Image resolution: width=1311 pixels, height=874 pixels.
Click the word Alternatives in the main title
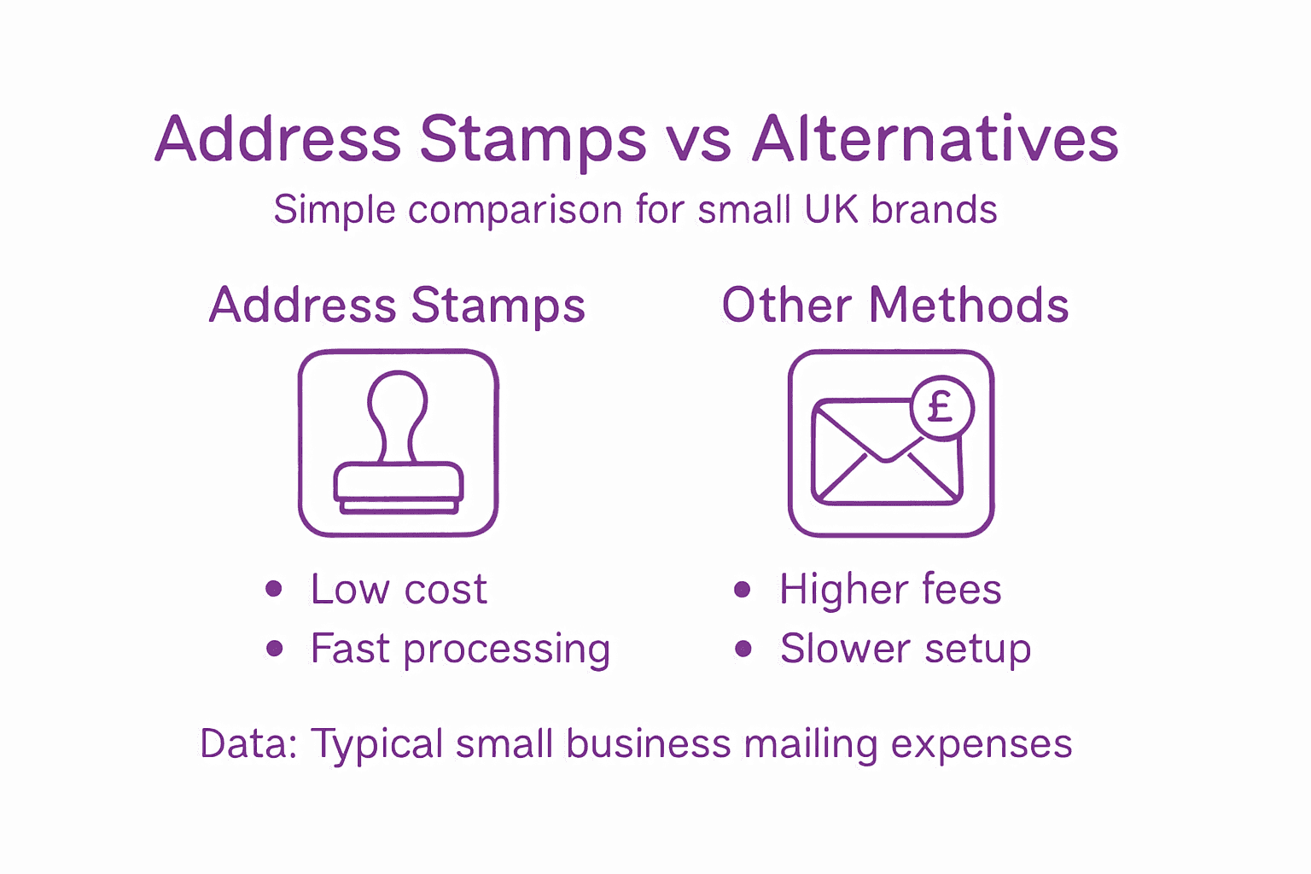[935, 139]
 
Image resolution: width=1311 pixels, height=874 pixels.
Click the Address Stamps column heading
[397, 306]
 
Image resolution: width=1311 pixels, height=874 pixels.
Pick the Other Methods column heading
[894, 306]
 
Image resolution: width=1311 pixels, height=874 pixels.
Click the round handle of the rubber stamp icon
[397, 401]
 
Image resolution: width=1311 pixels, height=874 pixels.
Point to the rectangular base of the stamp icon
[398, 482]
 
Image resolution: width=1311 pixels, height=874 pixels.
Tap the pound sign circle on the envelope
[941, 407]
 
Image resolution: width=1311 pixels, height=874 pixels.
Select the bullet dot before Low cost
[274, 589]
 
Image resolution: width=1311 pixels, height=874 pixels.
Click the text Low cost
[399, 590]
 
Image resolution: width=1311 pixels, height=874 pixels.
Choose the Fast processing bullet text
[460, 650]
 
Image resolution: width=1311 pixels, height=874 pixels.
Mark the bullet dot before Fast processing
[274, 649]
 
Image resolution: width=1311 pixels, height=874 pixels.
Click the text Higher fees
[889, 590]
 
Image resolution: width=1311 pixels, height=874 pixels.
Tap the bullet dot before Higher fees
[743, 589]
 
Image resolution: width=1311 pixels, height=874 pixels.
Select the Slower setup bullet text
[905, 650]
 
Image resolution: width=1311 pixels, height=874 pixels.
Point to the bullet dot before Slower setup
[743, 649]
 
